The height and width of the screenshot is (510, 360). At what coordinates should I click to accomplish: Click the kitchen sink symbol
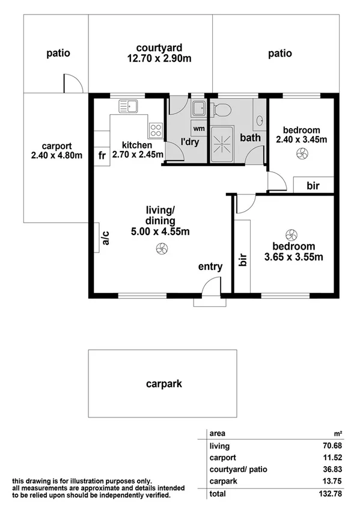tap(128, 106)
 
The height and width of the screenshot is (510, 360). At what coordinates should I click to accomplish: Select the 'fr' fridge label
tap(102, 155)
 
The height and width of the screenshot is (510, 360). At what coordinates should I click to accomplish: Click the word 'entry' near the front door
tap(210, 266)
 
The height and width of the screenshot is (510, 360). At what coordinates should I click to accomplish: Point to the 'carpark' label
tap(163, 383)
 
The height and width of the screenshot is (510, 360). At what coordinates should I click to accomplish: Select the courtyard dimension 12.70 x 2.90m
tap(159, 58)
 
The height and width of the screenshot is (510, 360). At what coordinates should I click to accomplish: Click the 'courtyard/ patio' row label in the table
tap(239, 469)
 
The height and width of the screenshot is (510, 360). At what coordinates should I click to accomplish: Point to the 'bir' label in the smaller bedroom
tap(313, 186)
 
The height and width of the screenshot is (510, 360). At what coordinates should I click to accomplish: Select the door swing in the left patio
tap(72, 84)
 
